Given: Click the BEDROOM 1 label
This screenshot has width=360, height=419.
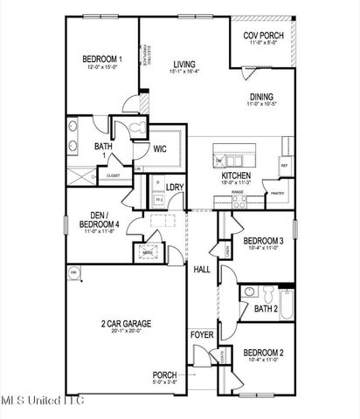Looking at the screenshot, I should point(102,59).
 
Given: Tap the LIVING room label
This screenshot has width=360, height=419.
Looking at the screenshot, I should point(184,64).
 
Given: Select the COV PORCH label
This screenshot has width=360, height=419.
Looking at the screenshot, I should point(262,34).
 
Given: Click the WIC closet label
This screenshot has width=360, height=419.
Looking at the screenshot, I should point(160,148).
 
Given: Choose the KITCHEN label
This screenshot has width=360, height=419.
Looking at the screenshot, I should point(236,175).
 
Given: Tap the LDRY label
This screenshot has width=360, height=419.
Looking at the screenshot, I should point(174,186).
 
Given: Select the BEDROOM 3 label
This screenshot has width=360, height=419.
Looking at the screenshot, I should point(263,240).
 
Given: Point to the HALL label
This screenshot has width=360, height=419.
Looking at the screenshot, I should point(202,269).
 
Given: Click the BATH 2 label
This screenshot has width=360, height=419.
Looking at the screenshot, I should point(266,308).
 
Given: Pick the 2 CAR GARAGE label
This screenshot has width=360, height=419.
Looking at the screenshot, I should point(126,324).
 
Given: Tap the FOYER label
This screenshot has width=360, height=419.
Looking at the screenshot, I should point(202,335).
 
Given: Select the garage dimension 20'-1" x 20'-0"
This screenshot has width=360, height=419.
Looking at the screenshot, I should point(126,332).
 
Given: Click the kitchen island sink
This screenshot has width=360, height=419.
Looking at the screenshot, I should point(234,161).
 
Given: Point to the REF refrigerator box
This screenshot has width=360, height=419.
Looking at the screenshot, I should point(284,165).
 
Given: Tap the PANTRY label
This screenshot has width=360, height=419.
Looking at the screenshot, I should point(279,194).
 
